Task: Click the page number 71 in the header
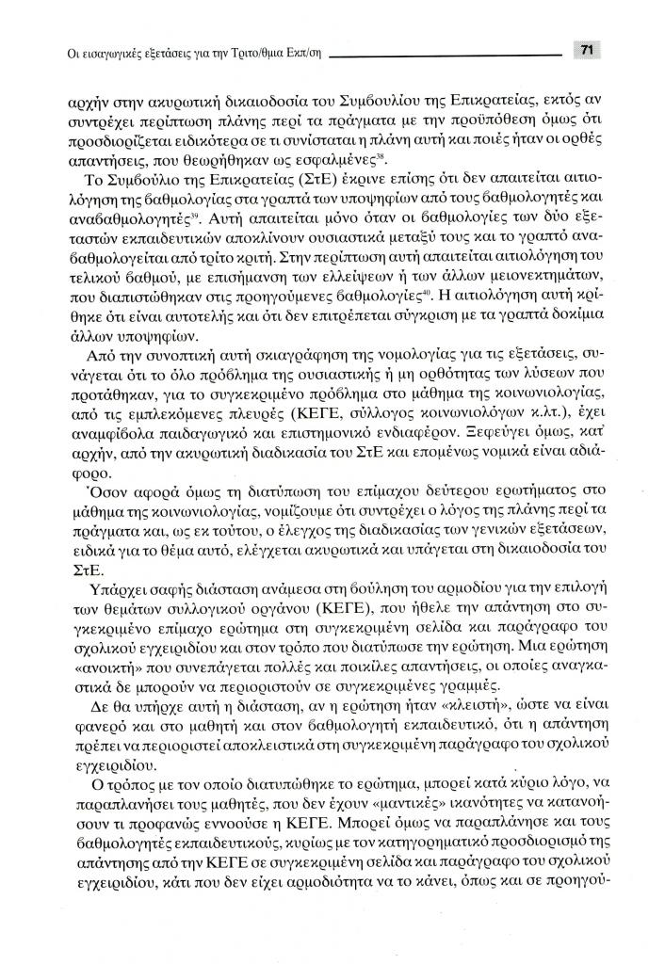tap(586, 51)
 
